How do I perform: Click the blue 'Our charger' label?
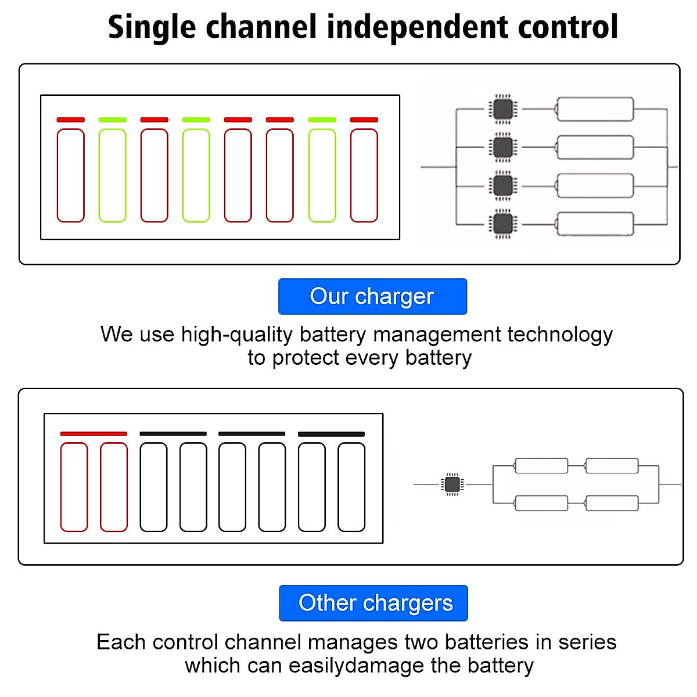coord(372,296)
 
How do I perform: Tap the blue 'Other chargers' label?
coord(373,603)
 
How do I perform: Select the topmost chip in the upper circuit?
coord(503,109)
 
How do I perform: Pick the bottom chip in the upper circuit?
coord(503,224)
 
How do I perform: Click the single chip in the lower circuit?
coord(452,484)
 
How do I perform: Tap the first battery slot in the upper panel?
coord(71,175)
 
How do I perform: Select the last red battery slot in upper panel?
coord(364,175)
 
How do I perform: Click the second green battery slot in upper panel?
coord(196,175)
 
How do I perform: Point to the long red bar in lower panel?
coord(94,433)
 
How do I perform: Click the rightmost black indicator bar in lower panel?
coord(331,434)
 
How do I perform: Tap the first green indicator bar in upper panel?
coord(113,120)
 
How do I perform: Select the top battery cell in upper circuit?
coord(595,109)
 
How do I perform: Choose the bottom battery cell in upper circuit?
coord(595,224)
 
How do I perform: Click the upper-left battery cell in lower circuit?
coord(541,465)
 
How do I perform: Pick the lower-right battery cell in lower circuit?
coord(612,503)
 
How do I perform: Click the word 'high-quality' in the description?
coord(237,335)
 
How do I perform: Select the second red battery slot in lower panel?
coord(114,487)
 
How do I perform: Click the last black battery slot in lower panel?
coord(351,487)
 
